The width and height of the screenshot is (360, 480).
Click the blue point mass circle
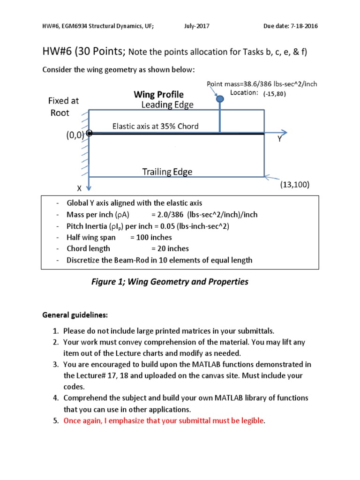(x=219, y=99)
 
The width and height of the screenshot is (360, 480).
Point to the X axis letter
(x=79, y=188)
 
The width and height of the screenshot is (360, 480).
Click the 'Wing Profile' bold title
(x=158, y=95)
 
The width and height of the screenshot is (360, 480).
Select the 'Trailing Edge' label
(x=167, y=172)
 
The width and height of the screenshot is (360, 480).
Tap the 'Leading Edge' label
(x=167, y=105)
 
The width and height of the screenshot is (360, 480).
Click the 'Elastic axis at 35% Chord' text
(x=155, y=126)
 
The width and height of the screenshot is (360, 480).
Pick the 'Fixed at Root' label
(x=63, y=106)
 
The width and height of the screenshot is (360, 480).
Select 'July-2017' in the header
(x=196, y=26)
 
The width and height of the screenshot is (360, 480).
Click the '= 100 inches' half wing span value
(x=151, y=237)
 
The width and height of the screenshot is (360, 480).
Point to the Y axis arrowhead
(x=283, y=133)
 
